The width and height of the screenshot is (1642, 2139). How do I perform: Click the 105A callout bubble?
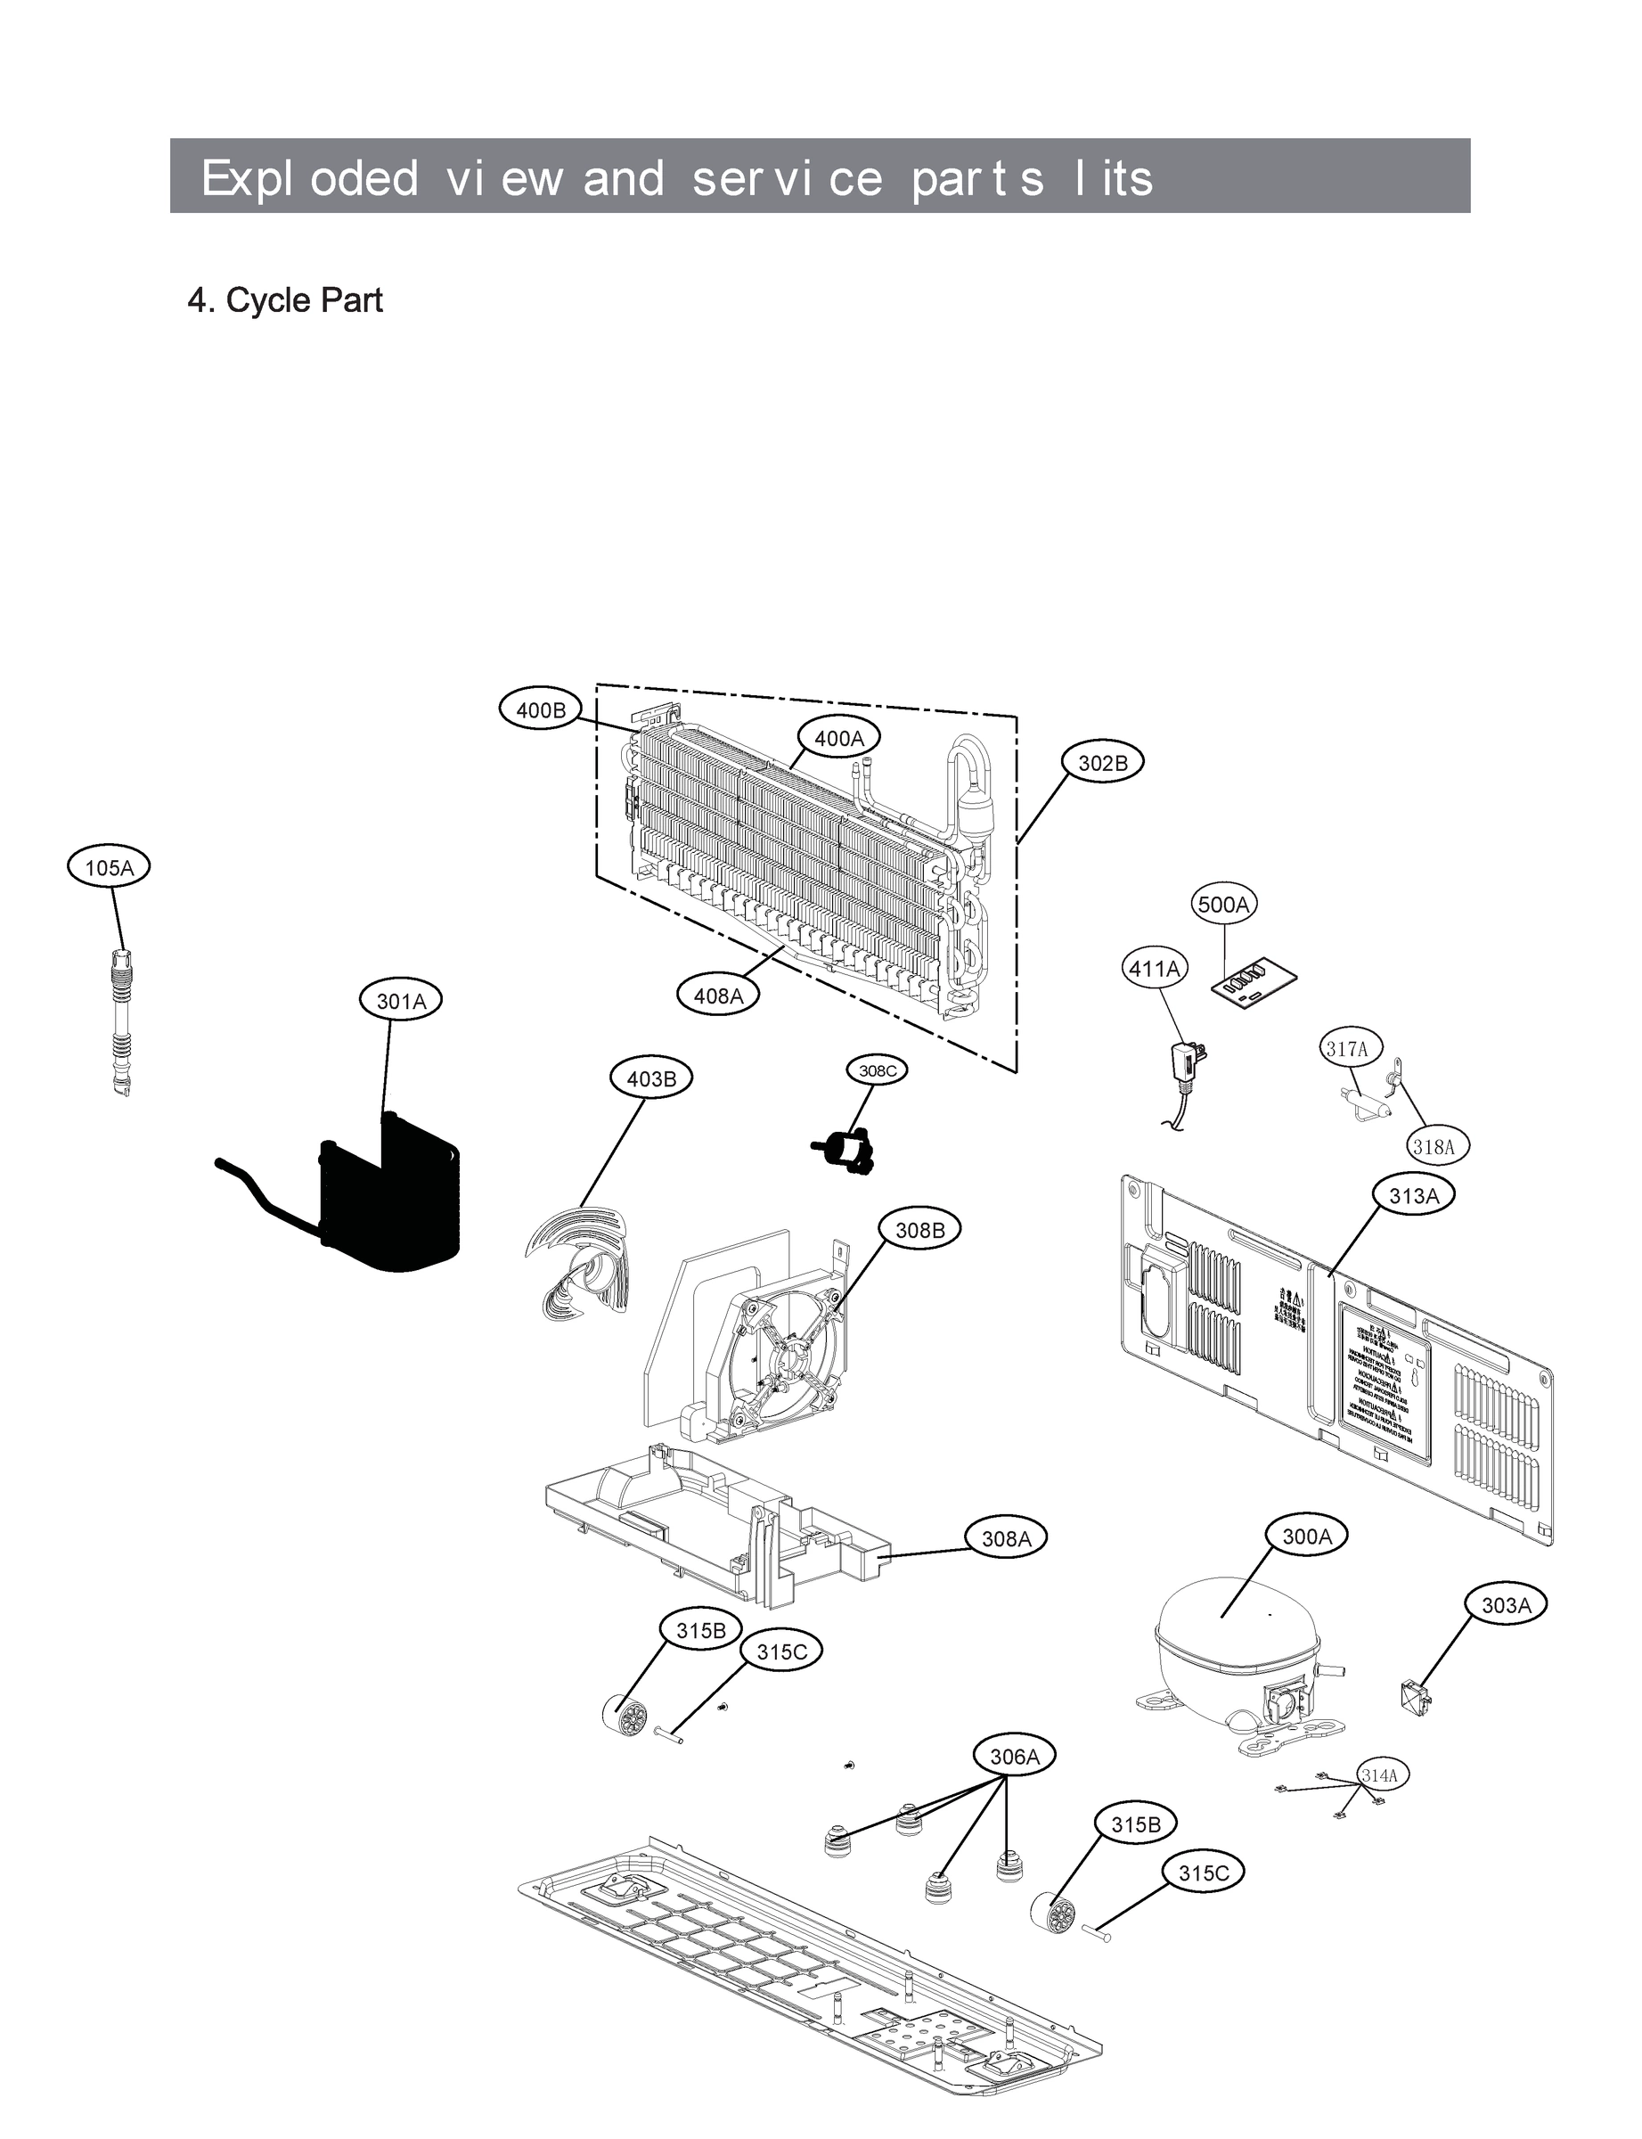109,867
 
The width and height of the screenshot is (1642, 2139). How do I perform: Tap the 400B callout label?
541,709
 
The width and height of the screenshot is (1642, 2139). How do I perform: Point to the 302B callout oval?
1102,764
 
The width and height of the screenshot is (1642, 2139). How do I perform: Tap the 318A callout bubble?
1434,1147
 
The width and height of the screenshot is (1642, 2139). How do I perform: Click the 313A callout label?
1413,1195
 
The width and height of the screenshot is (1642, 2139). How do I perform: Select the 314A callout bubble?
1380,1774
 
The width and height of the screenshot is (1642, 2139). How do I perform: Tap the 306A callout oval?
1015,1757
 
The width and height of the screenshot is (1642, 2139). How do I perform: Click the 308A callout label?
1006,1539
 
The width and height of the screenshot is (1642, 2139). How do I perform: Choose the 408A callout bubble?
718,996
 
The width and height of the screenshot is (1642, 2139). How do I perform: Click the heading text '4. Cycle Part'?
284,300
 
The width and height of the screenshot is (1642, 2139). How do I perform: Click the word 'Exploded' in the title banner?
309,178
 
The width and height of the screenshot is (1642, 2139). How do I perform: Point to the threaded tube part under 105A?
121,1021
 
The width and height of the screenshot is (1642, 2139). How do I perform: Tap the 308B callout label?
919,1230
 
